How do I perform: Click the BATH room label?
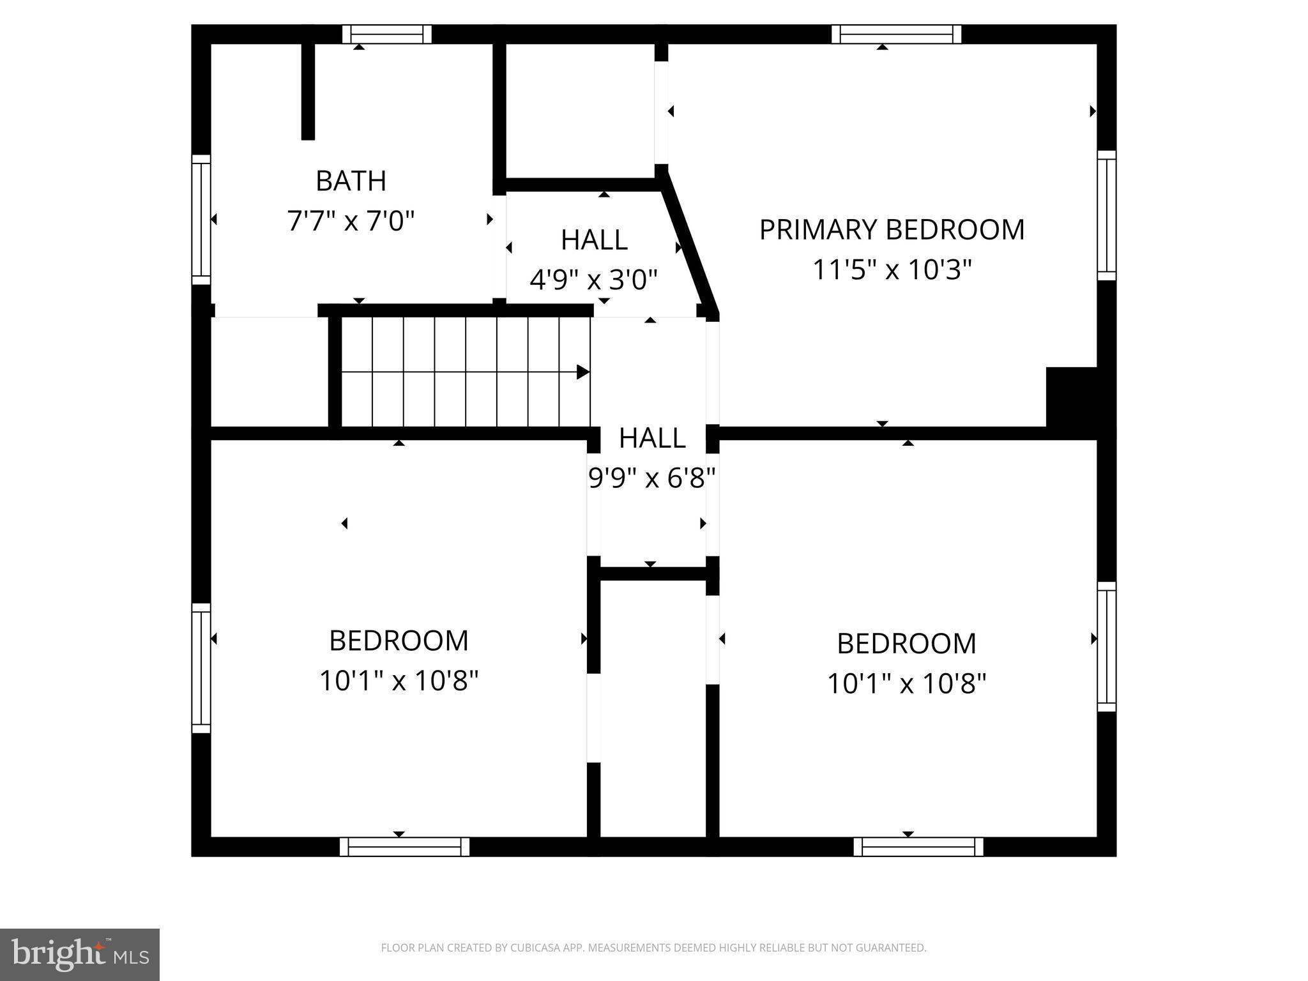[x=351, y=181]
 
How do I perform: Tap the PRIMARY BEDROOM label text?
[x=892, y=230]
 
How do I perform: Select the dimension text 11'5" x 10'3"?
[x=892, y=270]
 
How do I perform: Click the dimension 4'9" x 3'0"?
[x=593, y=280]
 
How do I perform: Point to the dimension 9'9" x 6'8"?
[x=651, y=478]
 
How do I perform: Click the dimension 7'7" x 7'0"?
[x=351, y=222]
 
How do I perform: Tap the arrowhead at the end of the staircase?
[x=582, y=372]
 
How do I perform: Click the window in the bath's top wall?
[x=386, y=34]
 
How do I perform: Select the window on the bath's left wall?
[x=201, y=219]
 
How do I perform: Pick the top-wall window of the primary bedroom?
[x=896, y=34]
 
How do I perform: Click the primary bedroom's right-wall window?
[x=1107, y=215]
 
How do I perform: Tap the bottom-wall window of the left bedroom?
[x=404, y=847]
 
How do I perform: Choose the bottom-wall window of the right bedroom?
[x=918, y=847]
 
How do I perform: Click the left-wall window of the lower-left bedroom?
[x=201, y=668]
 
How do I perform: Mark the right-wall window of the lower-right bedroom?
[x=1107, y=646]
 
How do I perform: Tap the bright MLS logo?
[x=79, y=955]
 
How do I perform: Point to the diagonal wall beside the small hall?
[x=690, y=246]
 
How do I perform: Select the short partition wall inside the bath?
[x=308, y=91]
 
